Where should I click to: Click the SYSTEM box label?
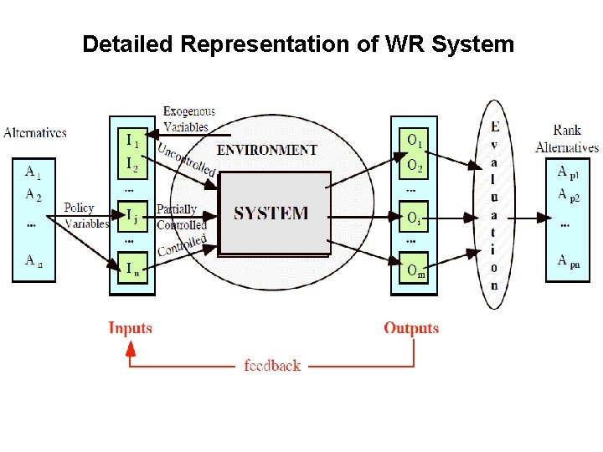coord(271,213)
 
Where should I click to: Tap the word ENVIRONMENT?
coord(266,150)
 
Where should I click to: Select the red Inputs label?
coord(131,328)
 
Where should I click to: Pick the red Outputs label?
coord(411,328)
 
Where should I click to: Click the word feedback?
coord(272,366)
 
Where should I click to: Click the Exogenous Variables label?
coord(188,119)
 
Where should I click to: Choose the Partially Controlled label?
coord(179,217)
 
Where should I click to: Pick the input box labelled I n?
coord(132,268)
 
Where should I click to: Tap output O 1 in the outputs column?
coord(415,140)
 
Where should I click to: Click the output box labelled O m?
coord(415,270)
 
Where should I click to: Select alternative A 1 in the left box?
coord(33,173)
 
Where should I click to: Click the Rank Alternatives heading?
coord(567,139)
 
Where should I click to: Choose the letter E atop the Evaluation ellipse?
coord(495,127)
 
